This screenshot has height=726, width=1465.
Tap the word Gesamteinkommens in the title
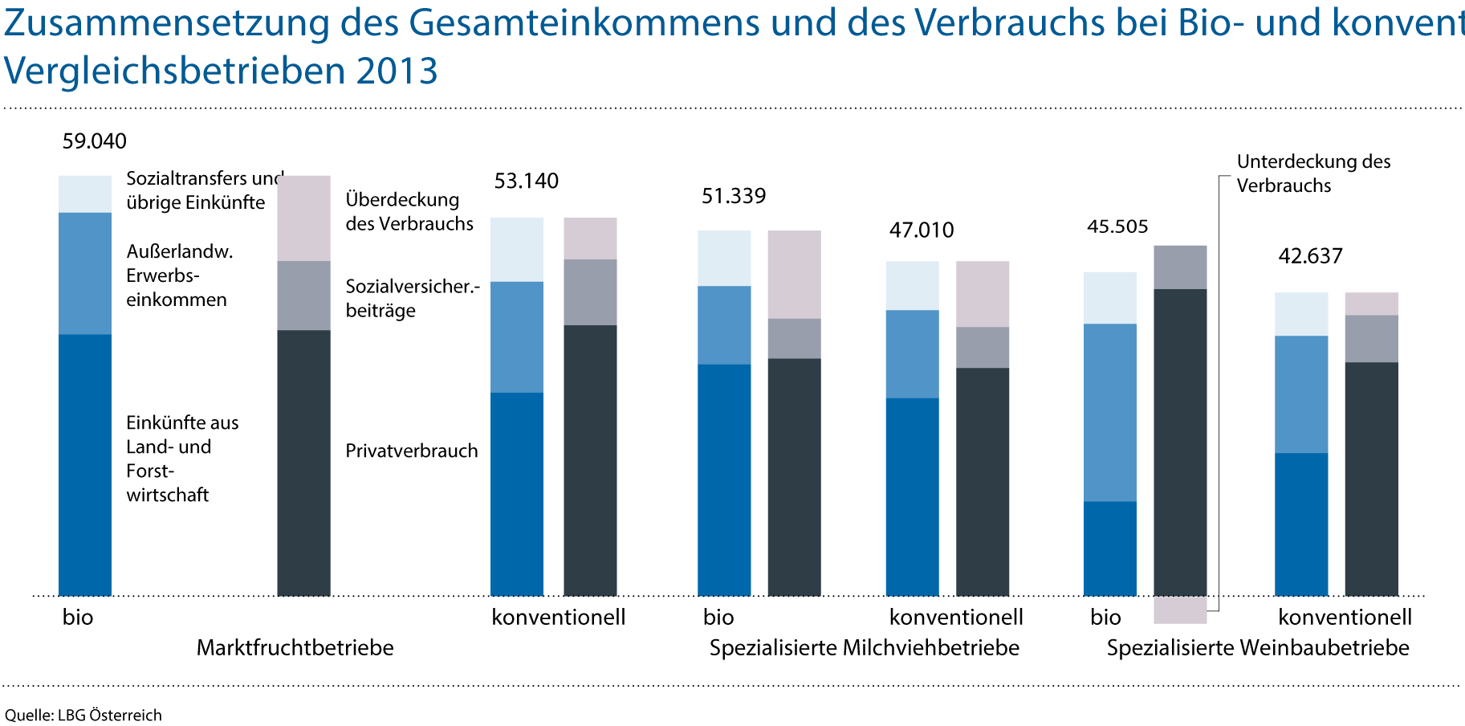[584, 23]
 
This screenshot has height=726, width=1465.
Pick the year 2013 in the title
[397, 71]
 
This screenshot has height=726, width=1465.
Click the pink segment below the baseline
[1180, 610]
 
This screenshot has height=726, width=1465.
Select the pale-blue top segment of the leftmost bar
[85, 194]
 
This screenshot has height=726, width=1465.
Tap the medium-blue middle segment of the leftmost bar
[85, 273]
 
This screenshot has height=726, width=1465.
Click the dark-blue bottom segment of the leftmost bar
[85, 465]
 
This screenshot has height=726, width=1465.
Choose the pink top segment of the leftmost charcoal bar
[303, 218]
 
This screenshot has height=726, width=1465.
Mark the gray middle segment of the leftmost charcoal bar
[303, 296]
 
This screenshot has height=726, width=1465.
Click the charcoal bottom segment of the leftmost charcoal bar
[303, 463]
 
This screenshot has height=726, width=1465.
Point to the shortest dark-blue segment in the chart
[1110, 549]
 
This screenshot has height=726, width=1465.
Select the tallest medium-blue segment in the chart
[1110, 413]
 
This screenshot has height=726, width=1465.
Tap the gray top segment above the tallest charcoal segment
[1180, 267]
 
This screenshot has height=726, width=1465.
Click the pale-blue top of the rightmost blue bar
[1301, 314]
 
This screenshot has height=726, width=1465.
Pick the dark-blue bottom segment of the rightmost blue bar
[1301, 524]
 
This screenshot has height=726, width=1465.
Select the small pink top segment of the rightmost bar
[1371, 304]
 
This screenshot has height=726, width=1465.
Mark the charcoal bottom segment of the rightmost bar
[1371, 479]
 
